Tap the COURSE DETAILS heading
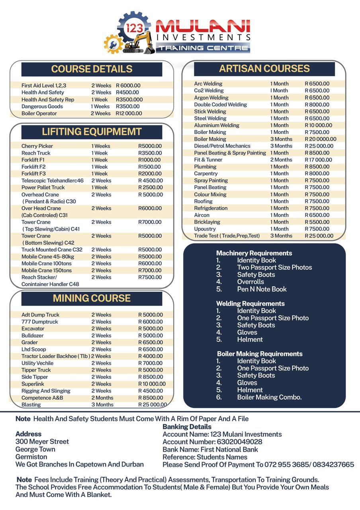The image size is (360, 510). [x=92, y=69]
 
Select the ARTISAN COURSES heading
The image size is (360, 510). [x=264, y=69]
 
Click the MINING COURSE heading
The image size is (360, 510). [x=92, y=298]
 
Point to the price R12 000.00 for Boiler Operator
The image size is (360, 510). [x=129, y=114]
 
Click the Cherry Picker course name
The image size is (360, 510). [x=37, y=146]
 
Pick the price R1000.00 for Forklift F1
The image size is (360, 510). [x=150, y=160]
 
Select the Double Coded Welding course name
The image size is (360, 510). [x=220, y=105]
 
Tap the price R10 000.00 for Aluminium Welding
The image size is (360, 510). [x=318, y=126]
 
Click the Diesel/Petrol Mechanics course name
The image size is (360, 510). [x=222, y=146]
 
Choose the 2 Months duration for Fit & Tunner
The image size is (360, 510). [x=281, y=160]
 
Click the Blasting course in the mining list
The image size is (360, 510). [x=31, y=405]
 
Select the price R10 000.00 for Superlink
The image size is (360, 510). [x=152, y=384]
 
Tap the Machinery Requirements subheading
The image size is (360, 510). [x=254, y=253]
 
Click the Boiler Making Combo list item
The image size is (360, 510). [x=269, y=397]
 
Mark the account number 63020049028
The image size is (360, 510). [x=239, y=442]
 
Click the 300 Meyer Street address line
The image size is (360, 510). [x=42, y=441]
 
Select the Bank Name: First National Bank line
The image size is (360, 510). [x=210, y=449]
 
